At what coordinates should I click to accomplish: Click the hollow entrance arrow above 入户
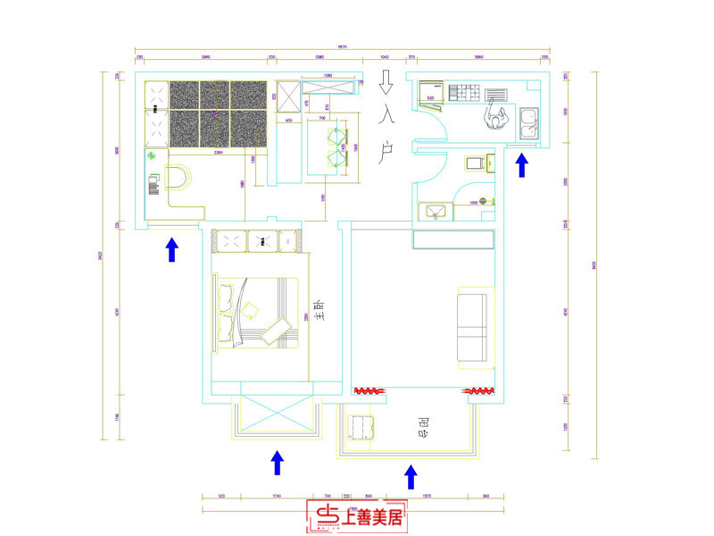pos(386,84)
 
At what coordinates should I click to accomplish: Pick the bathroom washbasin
pos(437,211)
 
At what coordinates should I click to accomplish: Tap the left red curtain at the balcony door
pos(369,391)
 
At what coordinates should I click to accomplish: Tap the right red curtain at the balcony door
pos(479,391)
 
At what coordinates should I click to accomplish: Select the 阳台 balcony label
pos(423,427)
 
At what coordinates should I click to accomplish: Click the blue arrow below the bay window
pos(277,462)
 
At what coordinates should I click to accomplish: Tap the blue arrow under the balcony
pos(411,476)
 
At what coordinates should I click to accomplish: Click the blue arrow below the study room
pos(171,249)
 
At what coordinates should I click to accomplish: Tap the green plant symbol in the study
pos(153,156)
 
